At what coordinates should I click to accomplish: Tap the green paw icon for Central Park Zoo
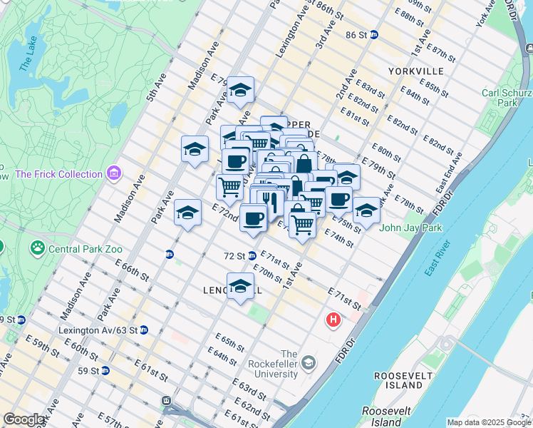36,249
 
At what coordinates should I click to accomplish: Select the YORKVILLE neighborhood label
416,71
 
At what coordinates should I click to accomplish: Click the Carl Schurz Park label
509,98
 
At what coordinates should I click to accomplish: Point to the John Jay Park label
411,228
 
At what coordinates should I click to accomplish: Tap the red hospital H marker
333,321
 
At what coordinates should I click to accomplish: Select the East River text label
440,260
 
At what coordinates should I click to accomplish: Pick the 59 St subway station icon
105,370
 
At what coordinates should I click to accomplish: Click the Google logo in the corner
24,419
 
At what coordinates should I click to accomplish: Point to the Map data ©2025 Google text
488,422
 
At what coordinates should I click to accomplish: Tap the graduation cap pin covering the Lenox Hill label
241,287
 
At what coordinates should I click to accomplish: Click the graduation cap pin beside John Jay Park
366,210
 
